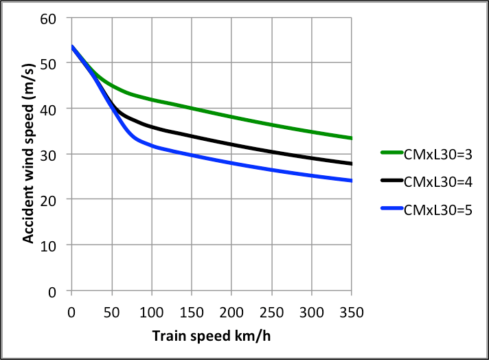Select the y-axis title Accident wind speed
coord(29,155)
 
